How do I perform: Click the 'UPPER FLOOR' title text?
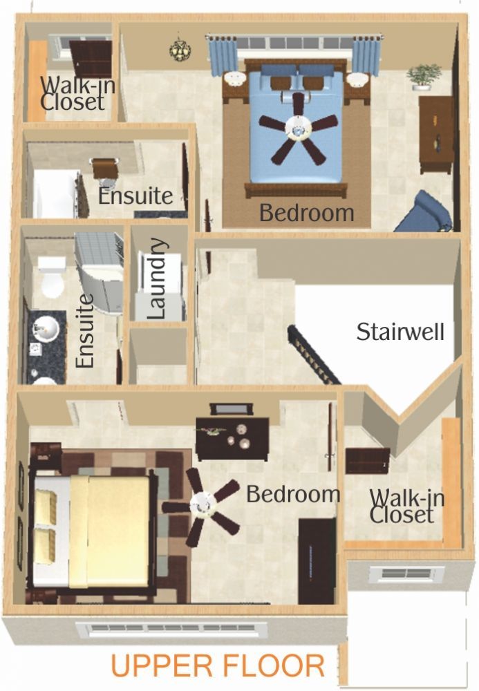pyautogui.click(x=218, y=666)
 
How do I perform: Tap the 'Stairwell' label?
pyautogui.click(x=400, y=332)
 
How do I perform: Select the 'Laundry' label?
pyautogui.click(x=158, y=278)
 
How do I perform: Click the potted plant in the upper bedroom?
pyautogui.click(x=424, y=77)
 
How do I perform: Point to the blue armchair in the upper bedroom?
pyautogui.click(x=424, y=212)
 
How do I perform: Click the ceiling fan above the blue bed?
pyautogui.click(x=299, y=127)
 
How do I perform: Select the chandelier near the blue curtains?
pyautogui.click(x=180, y=48)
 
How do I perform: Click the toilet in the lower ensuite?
pyautogui.click(x=52, y=278)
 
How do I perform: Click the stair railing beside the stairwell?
pyautogui.click(x=314, y=355)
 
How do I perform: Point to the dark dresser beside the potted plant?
pyautogui.click(x=436, y=135)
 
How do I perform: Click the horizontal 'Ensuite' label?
pyautogui.click(x=135, y=196)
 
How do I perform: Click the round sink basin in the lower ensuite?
pyautogui.click(x=46, y=328)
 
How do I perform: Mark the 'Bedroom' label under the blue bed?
pyautogui.click(x=307, y=213)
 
